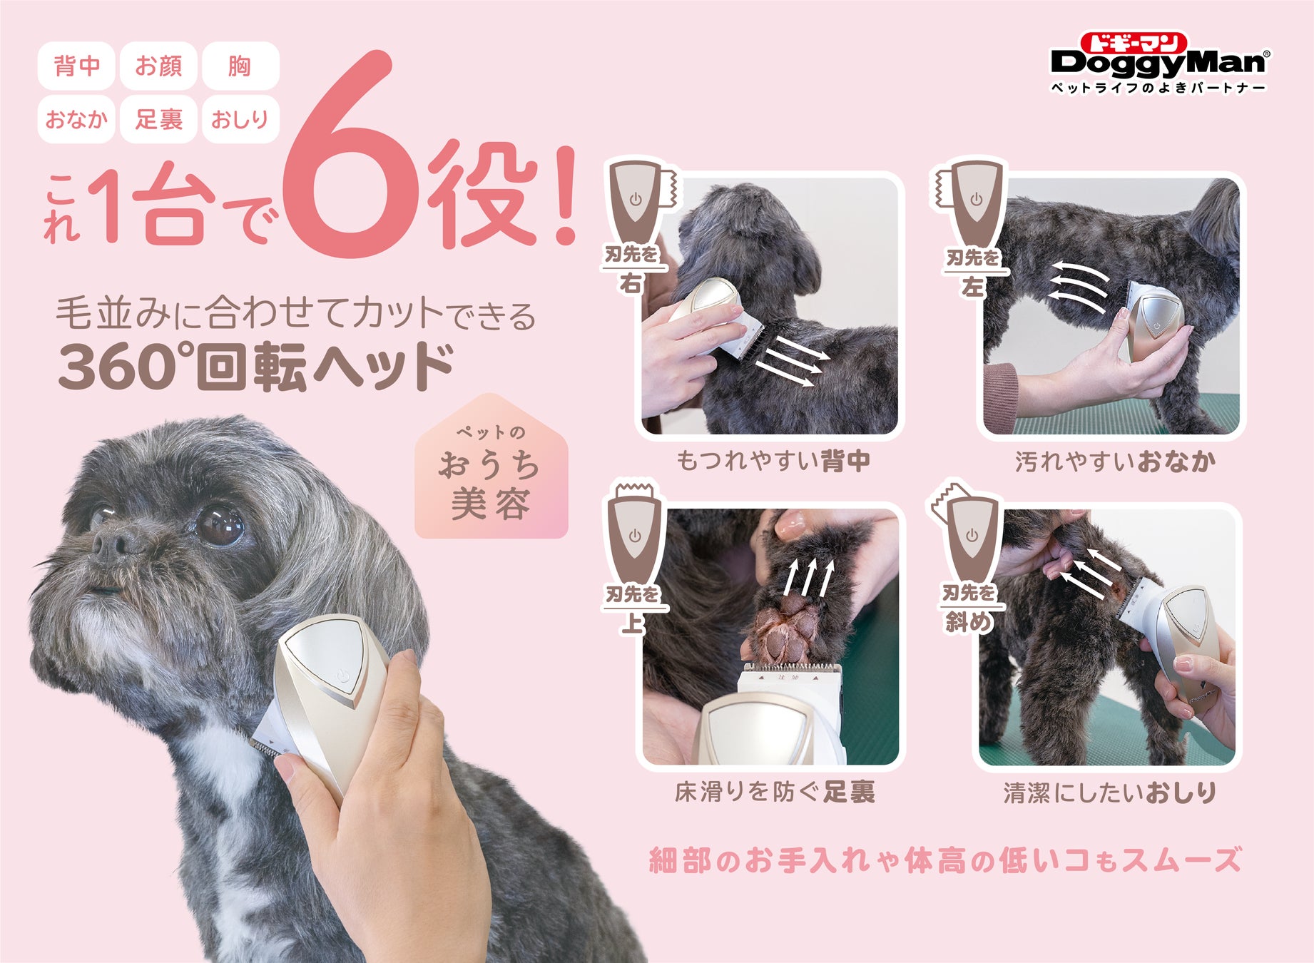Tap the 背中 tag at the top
tap(76, 66)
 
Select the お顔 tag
tap(158, 66)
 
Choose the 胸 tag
tap(240, 66)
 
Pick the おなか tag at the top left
tap(76, 118)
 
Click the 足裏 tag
tap(158, 118)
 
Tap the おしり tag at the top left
tap(240, 118)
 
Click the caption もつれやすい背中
tap(773, 460)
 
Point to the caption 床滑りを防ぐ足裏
tap(775, 791)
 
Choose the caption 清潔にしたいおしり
tap(1110, 792)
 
